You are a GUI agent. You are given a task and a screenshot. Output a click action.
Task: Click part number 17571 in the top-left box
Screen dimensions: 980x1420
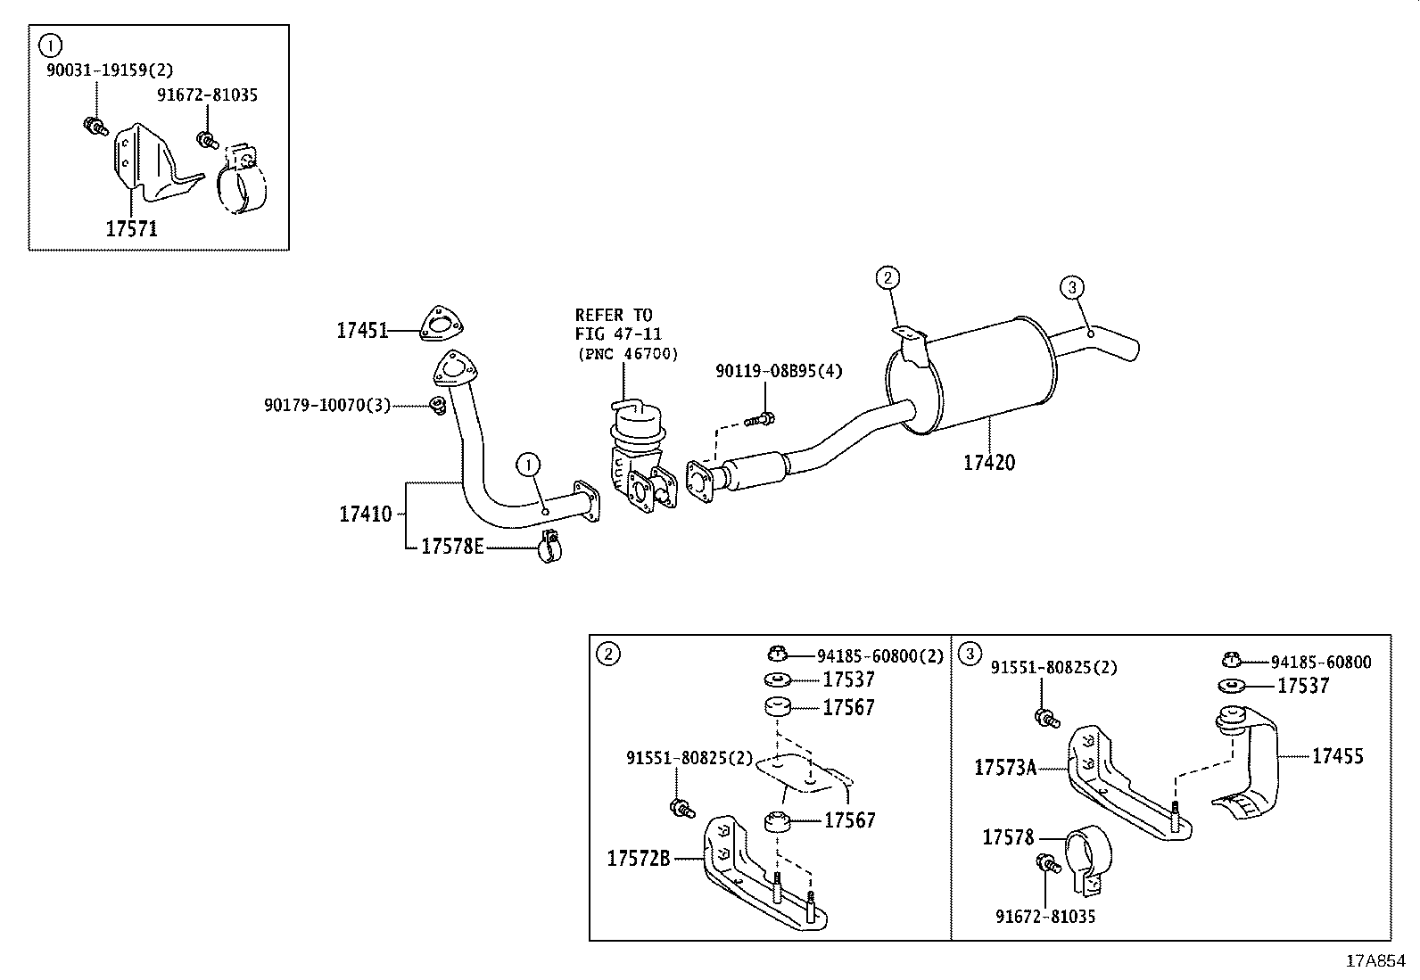(131, 229)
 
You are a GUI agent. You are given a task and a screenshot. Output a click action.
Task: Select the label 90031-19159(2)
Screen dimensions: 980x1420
(110, 70)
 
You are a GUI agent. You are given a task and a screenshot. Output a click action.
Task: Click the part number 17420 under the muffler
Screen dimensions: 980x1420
(988, 463)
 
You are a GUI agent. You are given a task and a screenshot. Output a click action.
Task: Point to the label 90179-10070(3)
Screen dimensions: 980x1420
(327, 405)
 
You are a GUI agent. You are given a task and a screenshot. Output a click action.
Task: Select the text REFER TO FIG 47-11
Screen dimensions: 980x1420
(615, 325)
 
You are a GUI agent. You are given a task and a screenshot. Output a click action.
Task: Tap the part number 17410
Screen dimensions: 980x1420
(365, 515)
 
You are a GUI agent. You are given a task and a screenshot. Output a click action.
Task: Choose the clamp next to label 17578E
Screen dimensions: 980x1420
(549, 548)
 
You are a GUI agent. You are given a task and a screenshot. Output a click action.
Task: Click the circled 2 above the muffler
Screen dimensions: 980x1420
(886, 278)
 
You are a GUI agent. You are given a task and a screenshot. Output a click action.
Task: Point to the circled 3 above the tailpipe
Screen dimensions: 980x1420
(1072, 287)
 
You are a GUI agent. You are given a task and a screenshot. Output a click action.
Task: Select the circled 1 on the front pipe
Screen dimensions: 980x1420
(528, 464)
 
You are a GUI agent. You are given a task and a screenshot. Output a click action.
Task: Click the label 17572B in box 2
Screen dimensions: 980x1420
(639, 860)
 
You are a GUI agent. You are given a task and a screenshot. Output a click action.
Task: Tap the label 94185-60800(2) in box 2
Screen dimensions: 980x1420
(879, 656)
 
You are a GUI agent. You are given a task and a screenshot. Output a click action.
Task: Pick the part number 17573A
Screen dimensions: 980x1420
(1005, 768)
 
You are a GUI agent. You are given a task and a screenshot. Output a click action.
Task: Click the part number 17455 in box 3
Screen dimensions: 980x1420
(1337, 756)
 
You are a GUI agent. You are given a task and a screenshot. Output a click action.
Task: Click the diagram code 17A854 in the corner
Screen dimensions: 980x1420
(1375, 961)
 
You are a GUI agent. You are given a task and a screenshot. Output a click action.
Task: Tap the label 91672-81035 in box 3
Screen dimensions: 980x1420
(1045, 916)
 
